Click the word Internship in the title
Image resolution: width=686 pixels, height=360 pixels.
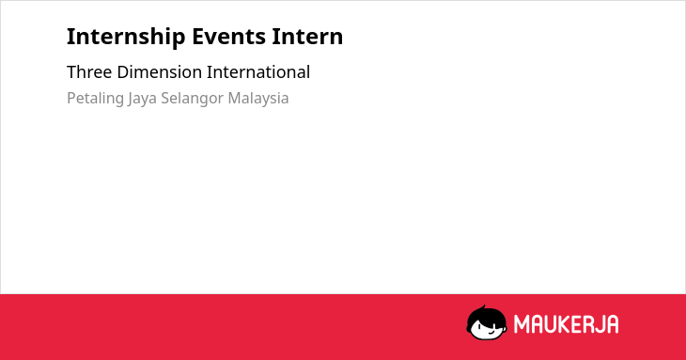[x=126, y=37]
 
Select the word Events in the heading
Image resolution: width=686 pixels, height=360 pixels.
[x=228, y=37]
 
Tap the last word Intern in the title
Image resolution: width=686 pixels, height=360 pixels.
[x=307, y=37]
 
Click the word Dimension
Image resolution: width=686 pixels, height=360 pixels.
[x=160, y=72]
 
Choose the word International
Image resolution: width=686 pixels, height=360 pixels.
[x=258, y=72]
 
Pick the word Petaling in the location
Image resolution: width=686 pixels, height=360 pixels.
[x=95, y=99]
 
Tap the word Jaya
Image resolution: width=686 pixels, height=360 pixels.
[x=143, y=99]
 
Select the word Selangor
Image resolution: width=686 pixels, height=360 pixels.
[x=193, y=99]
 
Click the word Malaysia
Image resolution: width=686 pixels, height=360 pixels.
[x=258, y=99]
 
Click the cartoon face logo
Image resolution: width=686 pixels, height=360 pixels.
[x=487, y=323]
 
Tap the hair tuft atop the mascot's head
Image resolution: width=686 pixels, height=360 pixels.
[x=483, y=307]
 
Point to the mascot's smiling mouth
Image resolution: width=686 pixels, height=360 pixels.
[x=491, y=333]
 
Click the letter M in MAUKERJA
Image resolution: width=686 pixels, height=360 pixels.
[x=522, y=324]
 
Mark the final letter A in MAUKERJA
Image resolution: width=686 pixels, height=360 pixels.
[x=613, y=324]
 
